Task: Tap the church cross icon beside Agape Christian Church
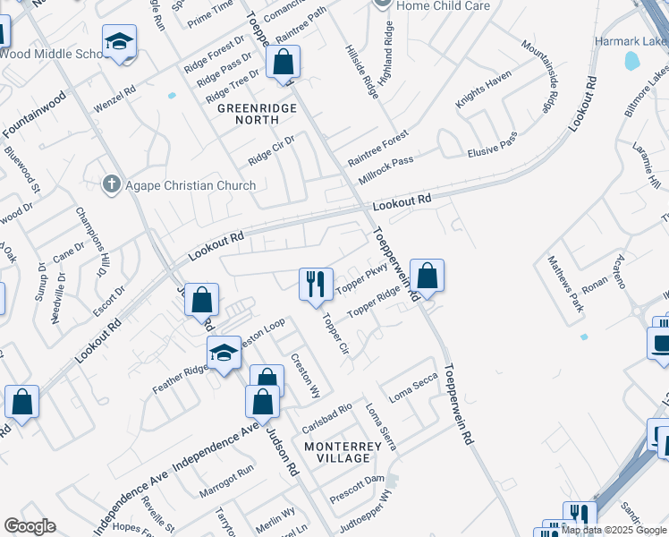[112, 185]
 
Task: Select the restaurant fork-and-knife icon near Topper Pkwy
[315, 285]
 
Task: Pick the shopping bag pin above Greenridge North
[284, 64]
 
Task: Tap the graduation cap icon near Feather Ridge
[224, 353]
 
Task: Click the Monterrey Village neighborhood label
[337, 452]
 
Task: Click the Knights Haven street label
[482, 92]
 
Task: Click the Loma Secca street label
[411, 391]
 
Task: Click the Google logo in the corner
[30, 526]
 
